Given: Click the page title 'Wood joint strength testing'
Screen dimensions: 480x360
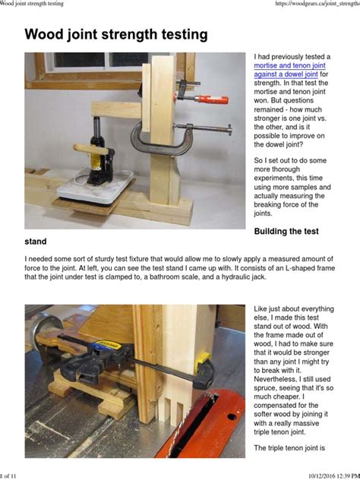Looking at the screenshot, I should click(116, 35).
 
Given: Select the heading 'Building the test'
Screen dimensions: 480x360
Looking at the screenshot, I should click(297, 230).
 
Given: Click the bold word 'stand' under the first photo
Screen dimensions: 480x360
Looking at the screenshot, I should click(36, 242).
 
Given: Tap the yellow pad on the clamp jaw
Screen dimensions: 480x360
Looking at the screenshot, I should click(202, 357).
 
